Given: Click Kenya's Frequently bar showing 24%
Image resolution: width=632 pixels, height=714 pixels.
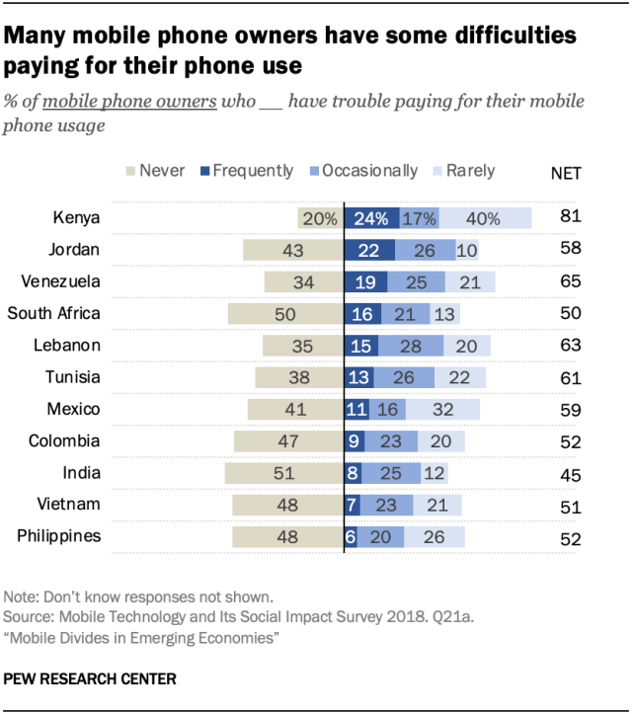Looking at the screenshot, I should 371,218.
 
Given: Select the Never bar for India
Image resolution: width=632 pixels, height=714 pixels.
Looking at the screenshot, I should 283,473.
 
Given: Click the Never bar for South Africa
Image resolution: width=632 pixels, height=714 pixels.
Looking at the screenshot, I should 284,314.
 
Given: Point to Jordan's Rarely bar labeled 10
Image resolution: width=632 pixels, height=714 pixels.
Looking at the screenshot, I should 467,250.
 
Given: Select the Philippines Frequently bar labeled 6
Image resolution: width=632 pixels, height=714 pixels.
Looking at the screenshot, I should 350,537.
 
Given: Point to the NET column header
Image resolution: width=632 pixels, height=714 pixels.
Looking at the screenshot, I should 566,173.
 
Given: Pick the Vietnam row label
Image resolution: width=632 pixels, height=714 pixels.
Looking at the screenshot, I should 71,504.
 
